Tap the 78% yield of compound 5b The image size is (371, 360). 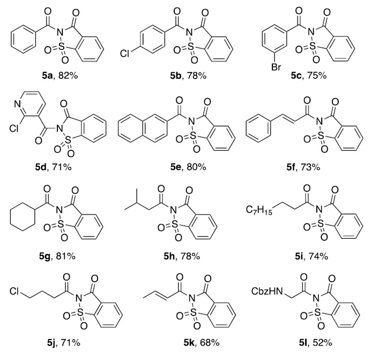[x=197, y=76]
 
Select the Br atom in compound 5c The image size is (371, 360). [x=276, y=67]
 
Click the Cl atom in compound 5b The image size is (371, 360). [x=125, y=54]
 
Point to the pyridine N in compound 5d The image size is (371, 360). [x=17, y=104]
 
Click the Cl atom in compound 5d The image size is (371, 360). [x=14, y=128]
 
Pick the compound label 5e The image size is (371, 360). [x=176, y=167]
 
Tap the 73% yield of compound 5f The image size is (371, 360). [x=310, y=167]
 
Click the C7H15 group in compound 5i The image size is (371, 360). [x=259, y=210]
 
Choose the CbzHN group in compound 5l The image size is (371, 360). [x=267, y=291]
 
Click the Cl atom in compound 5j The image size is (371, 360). [x=14, y=291]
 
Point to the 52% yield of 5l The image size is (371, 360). [x=322, y=342]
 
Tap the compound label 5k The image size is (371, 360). [x=189, y=342]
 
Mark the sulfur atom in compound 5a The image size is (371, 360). [x=61, y=48]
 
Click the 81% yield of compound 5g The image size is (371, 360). [x=66, y=256]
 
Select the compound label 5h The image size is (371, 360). [x=169, y=256]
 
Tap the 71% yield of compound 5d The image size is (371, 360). [x=62, y=167]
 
